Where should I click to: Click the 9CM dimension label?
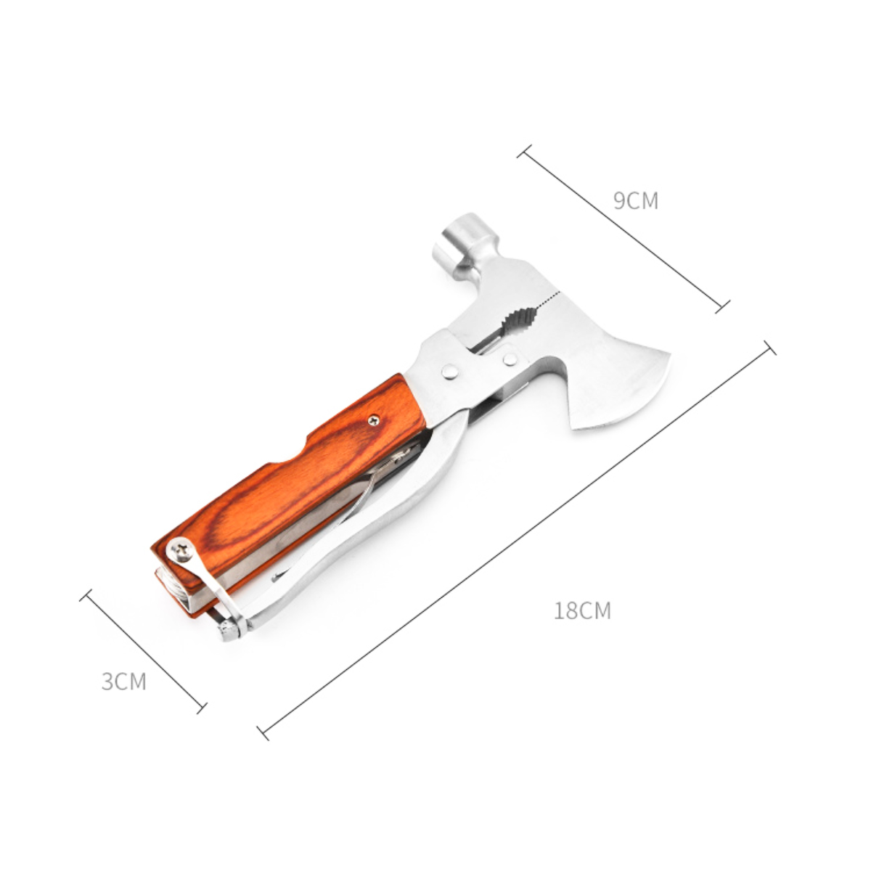coord(636,200)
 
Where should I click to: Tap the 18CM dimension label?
coord(582,610)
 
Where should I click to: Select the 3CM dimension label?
coord(124,681)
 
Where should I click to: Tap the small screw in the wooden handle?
coord(374,420)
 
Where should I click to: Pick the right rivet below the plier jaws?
coord(510,359)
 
